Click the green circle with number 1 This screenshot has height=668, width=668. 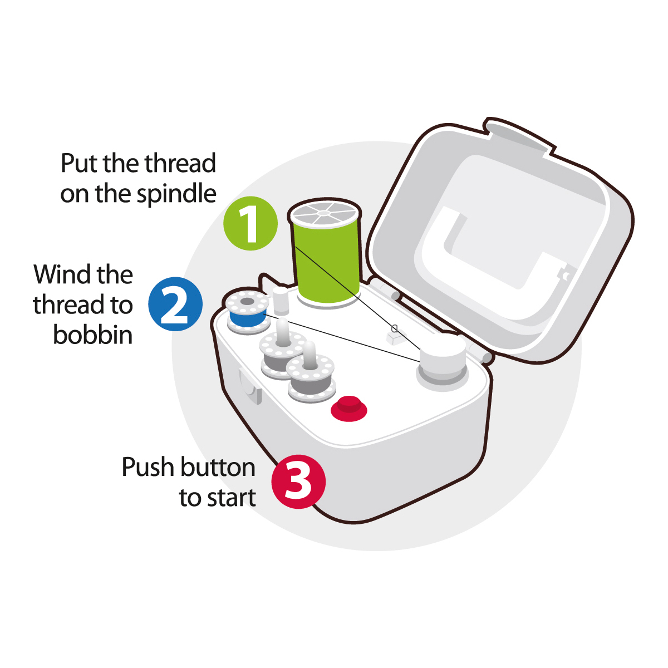click(x=250, y=223)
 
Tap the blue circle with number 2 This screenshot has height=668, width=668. click(x=175, y=304)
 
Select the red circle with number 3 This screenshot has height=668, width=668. click(x=298, y=482)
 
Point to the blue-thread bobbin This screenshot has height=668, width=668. click(x=248, y=312)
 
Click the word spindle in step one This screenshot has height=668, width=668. click(x=176, y=194)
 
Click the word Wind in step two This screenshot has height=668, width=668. click(x=63, y=274)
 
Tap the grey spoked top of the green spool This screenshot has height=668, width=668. click(x=324, y=213)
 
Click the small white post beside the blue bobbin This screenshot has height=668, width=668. click(x=281, y=301)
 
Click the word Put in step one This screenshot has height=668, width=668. click(x=79, y=163)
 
